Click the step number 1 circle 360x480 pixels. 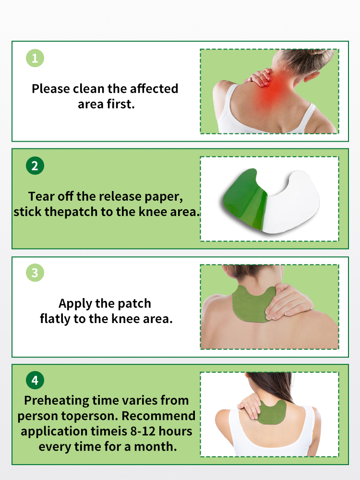[x=35, y=58]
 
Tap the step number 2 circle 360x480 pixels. [x=35, y=166]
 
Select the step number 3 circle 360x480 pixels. [x=35, y=273]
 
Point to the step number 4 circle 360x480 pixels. [x=35, y=380]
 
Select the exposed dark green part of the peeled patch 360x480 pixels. [x=245, y=199]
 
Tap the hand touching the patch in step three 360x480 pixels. [x=288, y=301]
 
